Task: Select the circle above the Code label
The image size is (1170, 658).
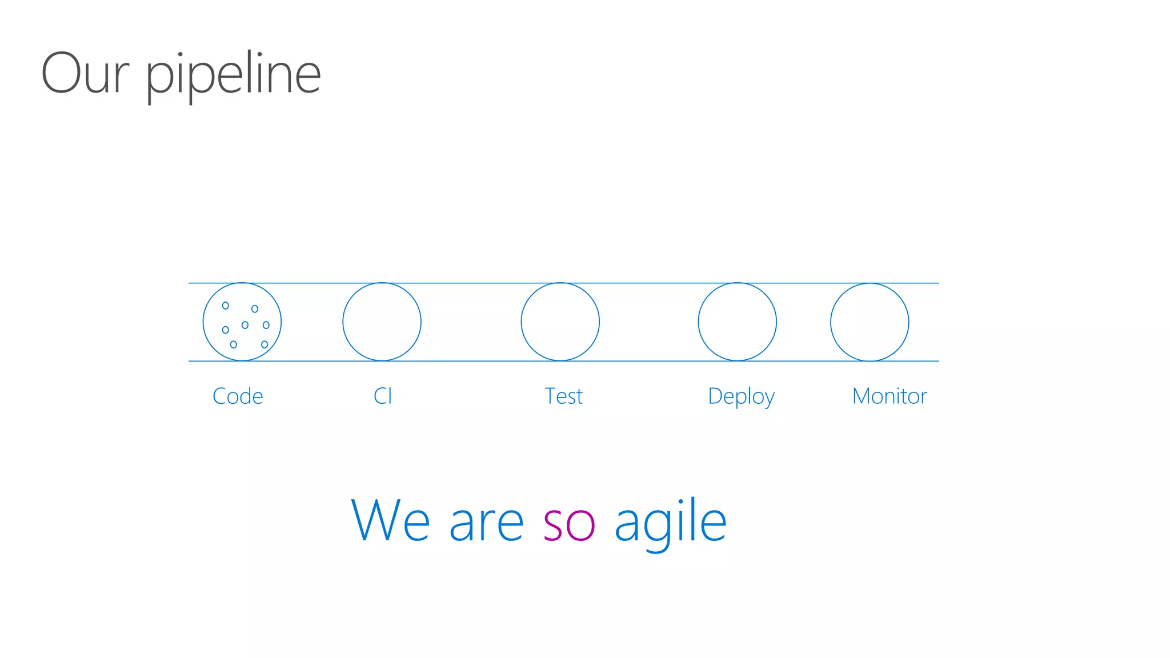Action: [x=242, y=322]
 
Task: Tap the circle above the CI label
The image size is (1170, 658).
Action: [x=382, y=322]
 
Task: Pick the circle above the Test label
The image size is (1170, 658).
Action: [x=560, y=322]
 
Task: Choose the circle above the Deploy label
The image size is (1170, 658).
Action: [x=737, y=322]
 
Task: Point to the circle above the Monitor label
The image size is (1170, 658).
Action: [x=870, y=322]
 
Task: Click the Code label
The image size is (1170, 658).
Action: [x=238, y=396]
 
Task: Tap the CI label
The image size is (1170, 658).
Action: [x=383, y=396]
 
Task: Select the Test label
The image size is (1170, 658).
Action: [x=563, y=396]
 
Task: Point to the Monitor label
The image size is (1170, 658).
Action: [x=889, y=396]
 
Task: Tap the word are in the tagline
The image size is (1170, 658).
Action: [x=486, y=524]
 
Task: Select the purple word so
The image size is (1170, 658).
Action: [x=569, y=524]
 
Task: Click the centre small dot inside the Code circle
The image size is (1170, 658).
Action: [x=245, y=325]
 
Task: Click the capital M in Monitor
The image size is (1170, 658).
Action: [x=862, y=396]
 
